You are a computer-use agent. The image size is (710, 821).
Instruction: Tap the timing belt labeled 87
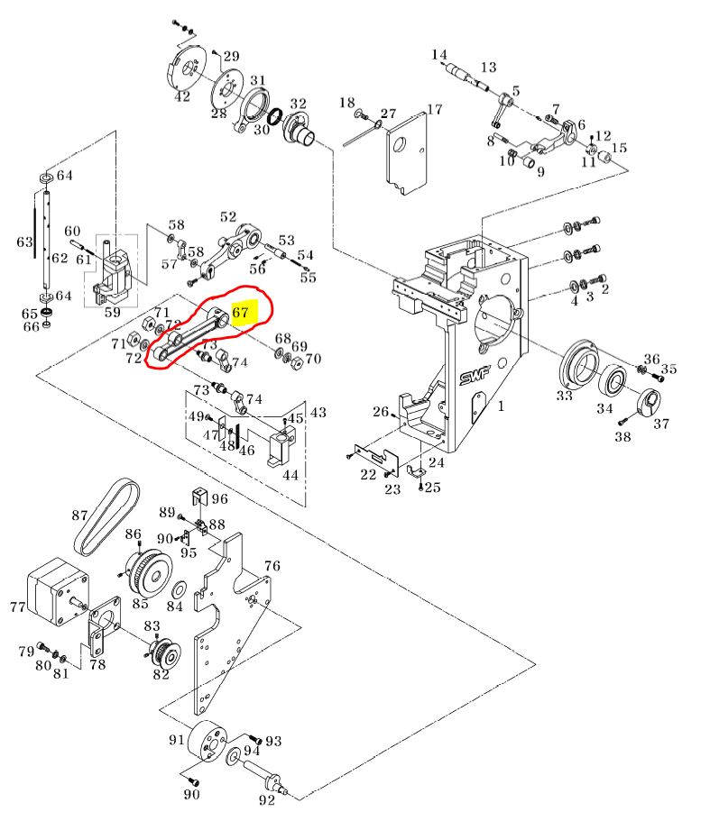point(106,517)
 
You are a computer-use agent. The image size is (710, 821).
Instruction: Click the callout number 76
point(272,566)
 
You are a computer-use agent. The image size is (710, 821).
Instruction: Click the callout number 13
point(488,68)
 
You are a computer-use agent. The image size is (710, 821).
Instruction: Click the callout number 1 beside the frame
point(501,406)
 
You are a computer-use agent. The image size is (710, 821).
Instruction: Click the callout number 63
point(24,242)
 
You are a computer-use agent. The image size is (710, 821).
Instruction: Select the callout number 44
point(290,474)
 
